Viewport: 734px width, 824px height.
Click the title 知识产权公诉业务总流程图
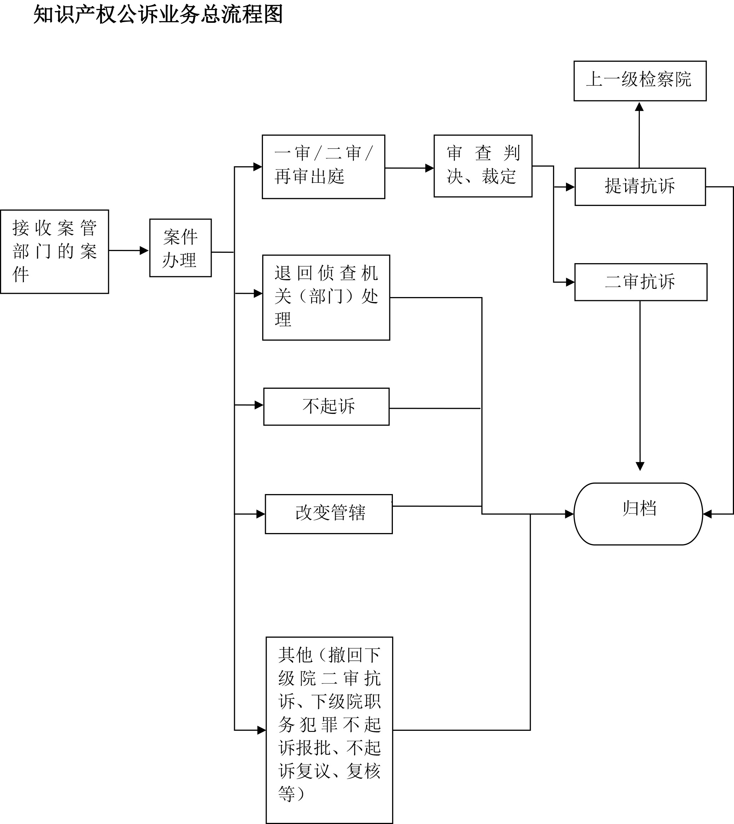pos(158,15)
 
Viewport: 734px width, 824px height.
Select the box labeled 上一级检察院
pos(640,81)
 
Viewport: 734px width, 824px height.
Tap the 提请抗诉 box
pos(640,186)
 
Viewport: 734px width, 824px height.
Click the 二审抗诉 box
pos(641,282)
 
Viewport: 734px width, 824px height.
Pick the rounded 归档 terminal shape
pos(638,514)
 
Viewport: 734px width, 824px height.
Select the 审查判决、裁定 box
pos(483,166)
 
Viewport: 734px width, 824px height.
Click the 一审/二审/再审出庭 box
pos(323,167)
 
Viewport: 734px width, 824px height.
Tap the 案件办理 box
pos(180,248)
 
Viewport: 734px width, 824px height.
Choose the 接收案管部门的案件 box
pos(55,251)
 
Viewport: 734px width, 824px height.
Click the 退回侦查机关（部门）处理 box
pos(326,297)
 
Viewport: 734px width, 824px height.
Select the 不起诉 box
pos(326,406)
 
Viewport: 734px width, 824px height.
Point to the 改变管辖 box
pos(328,514)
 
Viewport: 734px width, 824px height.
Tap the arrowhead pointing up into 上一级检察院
pos(639,106)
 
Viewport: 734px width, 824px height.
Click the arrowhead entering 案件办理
pos(144,251)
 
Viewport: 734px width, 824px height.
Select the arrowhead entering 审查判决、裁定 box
pos(430,168)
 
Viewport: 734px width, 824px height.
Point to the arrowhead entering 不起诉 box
pos(259,405)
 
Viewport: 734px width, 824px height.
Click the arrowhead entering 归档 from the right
pos(707,514)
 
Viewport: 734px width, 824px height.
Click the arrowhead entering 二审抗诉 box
pos(570,282)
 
